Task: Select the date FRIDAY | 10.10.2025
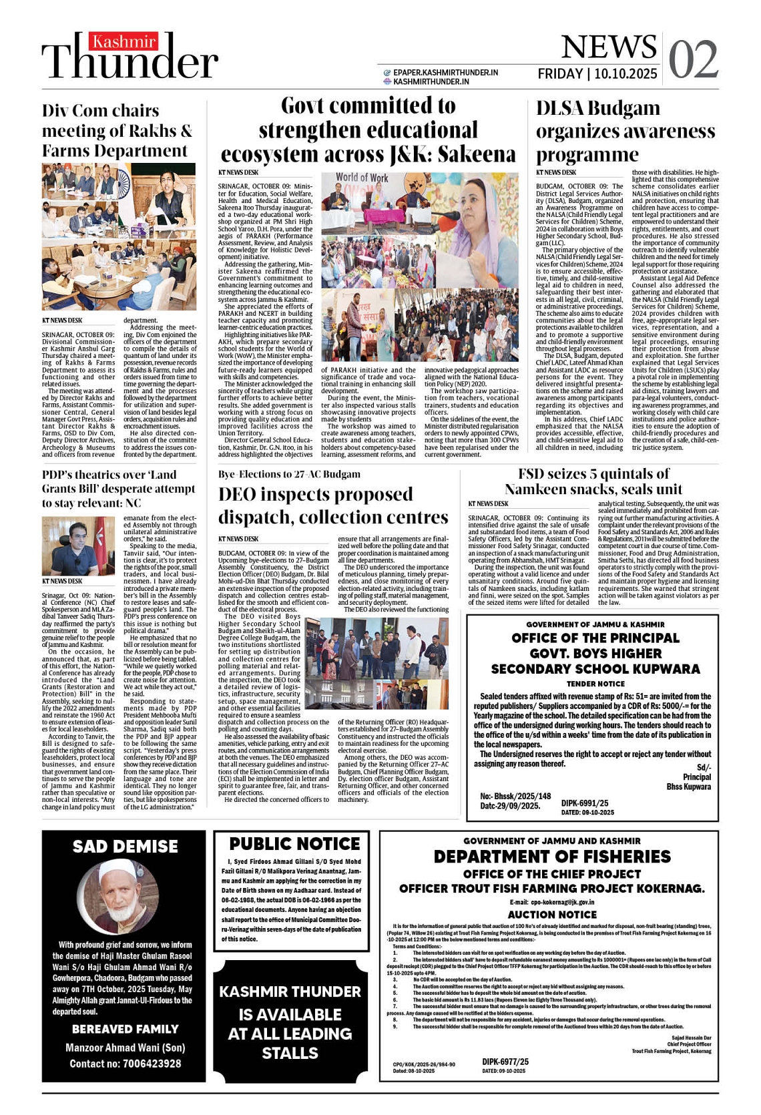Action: pos(597,73)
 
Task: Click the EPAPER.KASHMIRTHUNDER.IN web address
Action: pos(445,72)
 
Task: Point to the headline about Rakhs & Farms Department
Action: pos(117,131)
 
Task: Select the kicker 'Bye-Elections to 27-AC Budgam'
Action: pos(289,475)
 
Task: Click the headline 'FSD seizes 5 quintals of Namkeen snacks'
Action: pos(593,481)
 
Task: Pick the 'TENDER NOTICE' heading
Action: pos(595,684)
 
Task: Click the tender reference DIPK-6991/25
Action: pos(585,803)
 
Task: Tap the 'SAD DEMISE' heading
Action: pos(125,847)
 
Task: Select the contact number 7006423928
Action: pos(152,1064)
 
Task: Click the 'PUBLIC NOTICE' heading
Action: pos(294,844)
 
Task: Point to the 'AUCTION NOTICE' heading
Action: pos(551,915)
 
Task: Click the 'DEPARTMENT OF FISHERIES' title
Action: pos(551,857)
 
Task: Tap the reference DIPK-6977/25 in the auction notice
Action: pos(505,1062)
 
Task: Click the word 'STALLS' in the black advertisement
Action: pos(290,1053)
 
